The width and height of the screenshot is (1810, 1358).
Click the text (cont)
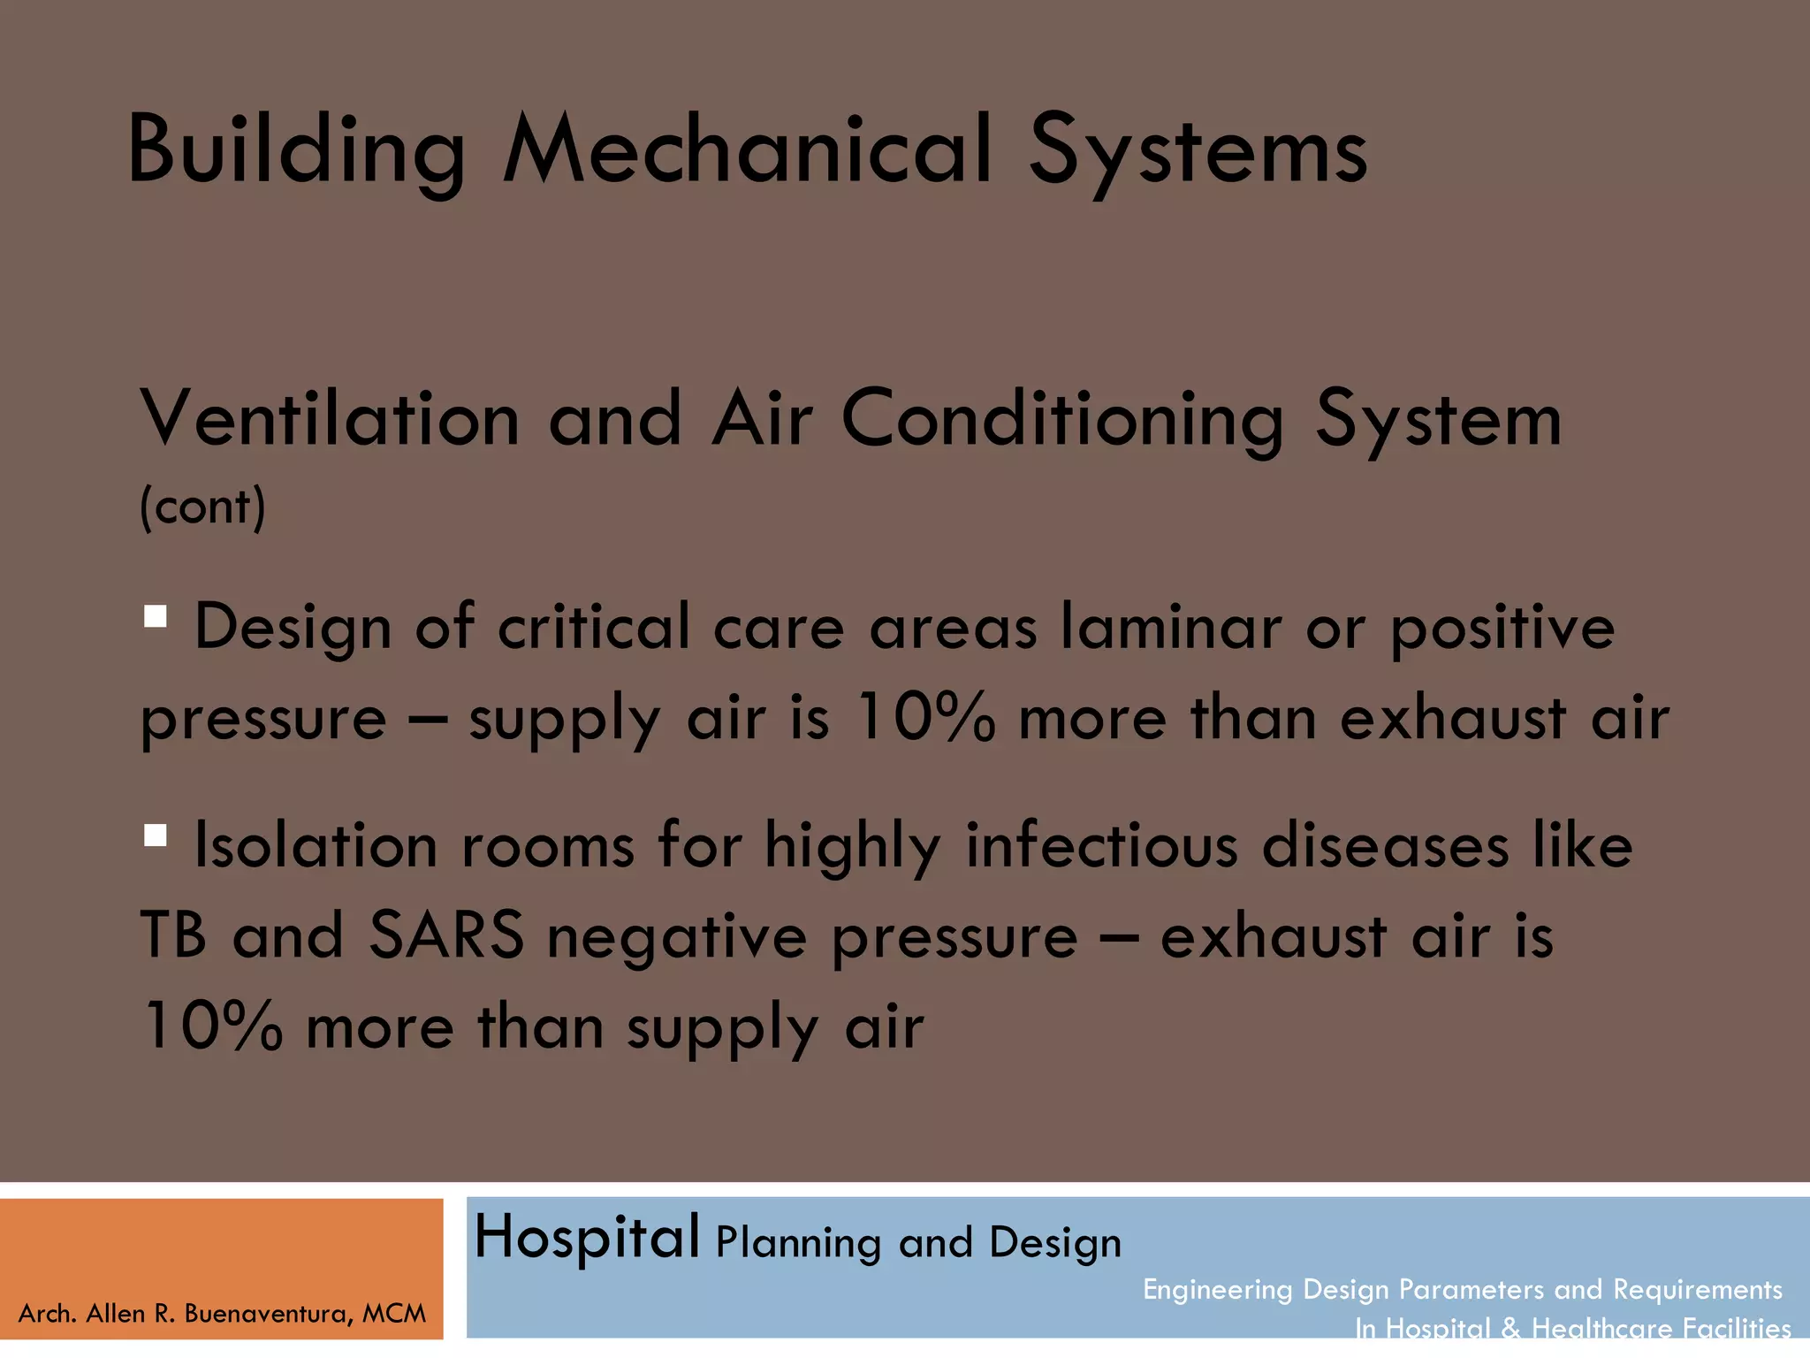point(202,507)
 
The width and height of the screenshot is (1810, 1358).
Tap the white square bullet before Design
point(156,616)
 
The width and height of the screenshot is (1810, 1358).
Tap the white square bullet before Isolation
point(156,835)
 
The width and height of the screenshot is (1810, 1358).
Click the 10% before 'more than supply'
point(212,1026)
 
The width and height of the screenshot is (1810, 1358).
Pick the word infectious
point(1101,845)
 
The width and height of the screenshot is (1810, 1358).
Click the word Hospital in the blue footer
point(587,1237)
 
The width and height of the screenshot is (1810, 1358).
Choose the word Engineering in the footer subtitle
point(1217,1290)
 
